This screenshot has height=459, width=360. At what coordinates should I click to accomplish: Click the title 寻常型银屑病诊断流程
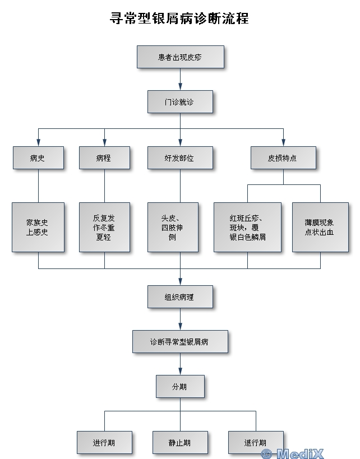(179, 18)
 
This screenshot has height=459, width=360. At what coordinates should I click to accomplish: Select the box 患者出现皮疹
(180, 57)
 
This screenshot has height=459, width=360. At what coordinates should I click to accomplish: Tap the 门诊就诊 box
(180, 102)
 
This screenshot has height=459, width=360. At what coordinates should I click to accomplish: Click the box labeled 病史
(38, 158)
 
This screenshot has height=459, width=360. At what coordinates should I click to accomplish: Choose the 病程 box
(104, 158)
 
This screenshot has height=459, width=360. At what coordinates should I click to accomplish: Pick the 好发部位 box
(180, 158)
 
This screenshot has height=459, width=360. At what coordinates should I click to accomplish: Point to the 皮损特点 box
(283, 158)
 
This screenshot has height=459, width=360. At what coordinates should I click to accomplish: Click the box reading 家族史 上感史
(38, 227)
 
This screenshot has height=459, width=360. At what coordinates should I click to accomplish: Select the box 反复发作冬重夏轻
(104, 227)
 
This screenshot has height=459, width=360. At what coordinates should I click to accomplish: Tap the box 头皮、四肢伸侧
(172, 227)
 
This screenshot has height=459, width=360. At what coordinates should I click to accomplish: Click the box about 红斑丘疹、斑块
(247, 227)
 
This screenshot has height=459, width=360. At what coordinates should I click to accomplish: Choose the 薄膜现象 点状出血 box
(320, 227)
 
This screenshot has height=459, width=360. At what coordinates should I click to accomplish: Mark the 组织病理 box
(180, 297)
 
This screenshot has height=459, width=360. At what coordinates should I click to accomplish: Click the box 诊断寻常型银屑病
(180, 341)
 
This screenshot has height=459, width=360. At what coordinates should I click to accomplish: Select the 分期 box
(180, 386)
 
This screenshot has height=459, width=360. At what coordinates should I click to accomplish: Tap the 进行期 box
(104, 442)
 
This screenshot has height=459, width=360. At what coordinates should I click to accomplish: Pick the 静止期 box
(180, 442)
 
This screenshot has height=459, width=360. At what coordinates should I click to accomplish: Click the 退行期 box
(255, 442)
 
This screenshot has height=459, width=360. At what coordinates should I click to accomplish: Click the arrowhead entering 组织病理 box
(180, 281)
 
